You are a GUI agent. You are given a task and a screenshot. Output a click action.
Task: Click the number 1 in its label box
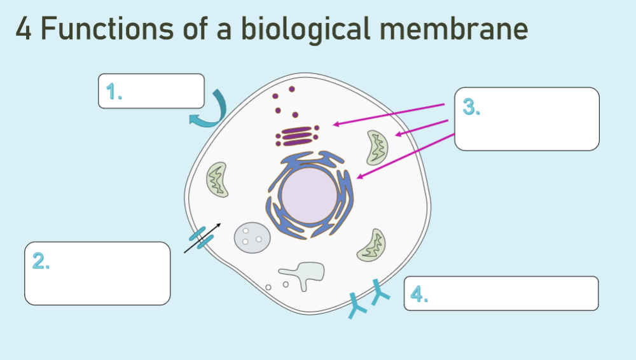[x=114, y=93]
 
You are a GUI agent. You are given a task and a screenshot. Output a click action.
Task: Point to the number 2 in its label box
[x=41, y=261]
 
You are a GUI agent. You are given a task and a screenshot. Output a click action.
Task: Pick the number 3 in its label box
[x=471, y=107]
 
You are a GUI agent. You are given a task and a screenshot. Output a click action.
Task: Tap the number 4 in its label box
[x=418, y=294]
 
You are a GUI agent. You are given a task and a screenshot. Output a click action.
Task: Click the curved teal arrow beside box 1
[x=213, y=112]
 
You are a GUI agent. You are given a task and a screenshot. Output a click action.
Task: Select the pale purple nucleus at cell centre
[x=308, y=195]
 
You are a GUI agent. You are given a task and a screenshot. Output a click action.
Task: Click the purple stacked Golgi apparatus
[x=296, y=135]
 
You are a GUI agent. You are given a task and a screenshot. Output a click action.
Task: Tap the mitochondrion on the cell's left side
[x=216, y=179]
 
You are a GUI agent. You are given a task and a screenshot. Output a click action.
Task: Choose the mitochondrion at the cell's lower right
[x=372, y=246]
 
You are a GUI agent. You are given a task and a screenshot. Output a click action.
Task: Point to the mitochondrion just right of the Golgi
[x=377, y=147]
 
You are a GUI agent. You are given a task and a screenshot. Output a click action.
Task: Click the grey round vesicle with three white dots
[x=252, y=237]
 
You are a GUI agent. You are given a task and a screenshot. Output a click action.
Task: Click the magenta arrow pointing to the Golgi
[x=388, y=114]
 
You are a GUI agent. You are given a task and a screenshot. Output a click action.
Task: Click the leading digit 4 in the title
[x=24, y=30]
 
